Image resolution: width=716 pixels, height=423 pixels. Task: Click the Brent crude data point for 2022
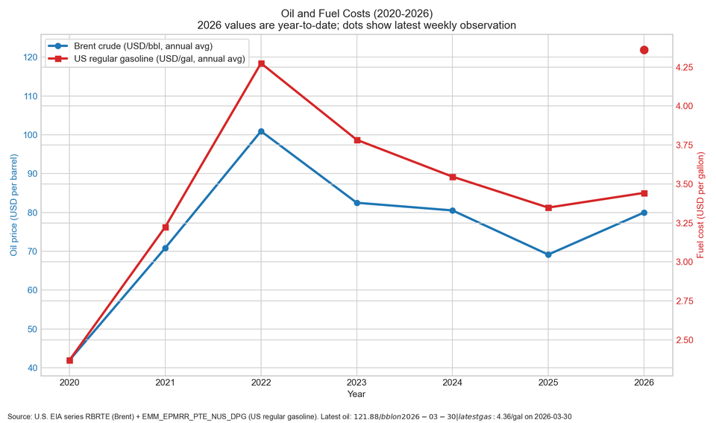(261, 131)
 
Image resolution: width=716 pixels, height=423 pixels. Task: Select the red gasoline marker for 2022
(261, 63)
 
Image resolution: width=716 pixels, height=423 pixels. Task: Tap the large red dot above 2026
(644, 50)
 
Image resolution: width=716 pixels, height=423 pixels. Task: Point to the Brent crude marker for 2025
(548, 254)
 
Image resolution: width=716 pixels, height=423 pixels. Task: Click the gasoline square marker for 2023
(357, 140)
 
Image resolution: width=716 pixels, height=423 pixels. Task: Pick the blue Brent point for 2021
(166, 248)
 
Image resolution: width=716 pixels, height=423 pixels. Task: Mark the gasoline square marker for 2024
(453, 177)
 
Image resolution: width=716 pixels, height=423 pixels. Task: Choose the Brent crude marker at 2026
(644, 213)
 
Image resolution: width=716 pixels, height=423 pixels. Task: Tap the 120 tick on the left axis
(30, 57)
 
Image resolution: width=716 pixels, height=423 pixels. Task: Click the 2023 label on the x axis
(357, 383)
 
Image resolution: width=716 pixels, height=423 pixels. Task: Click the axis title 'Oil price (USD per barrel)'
(13, 205)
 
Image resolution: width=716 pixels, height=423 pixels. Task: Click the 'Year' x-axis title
(357, 394)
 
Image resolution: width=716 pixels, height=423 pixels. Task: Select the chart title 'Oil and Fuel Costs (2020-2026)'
(357, 13)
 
